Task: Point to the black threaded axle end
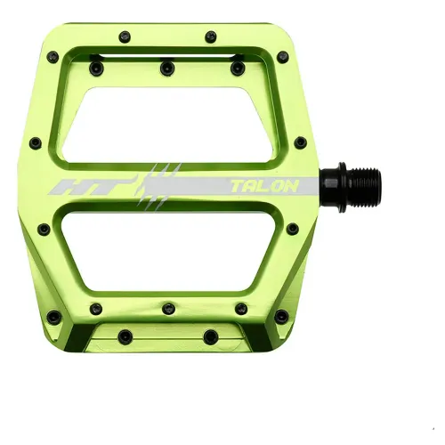[363, 185]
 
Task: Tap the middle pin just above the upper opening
[166, 66]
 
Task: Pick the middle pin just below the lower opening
[168, 309]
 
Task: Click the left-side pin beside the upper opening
[36, 142]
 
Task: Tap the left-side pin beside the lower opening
[43, 229]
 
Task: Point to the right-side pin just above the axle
[301, 142]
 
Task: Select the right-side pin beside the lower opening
[292, 229]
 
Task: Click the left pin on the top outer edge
[120, 37]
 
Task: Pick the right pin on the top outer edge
[211, 37]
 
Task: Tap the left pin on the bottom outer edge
[125, 336]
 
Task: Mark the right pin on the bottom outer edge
[211, 336]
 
